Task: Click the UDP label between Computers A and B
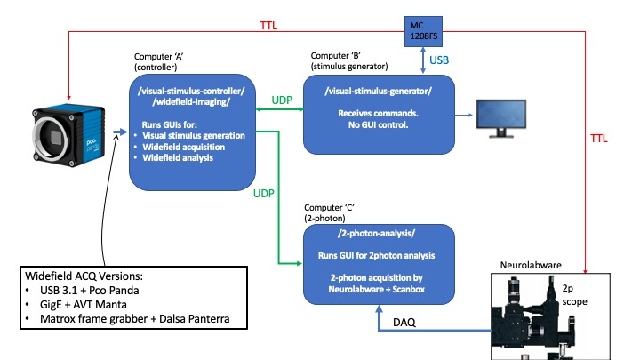(281, 99)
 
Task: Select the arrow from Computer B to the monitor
(463, 116)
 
